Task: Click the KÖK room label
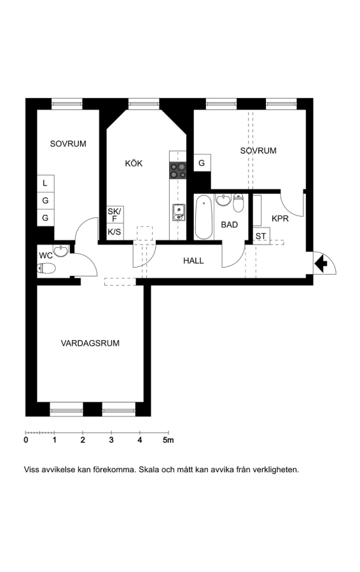coord(134,163)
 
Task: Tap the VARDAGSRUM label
coord(90,343)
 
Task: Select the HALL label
coord(193,261)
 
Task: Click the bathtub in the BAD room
coord(204,217)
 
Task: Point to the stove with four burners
coord(178,170)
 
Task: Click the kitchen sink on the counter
coord(179,212)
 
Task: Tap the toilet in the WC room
coord(46,268)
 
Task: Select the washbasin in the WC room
coord(61,250)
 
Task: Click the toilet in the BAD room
coord(239,203)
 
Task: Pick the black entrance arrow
coord(321,264)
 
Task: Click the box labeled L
coord(45,183)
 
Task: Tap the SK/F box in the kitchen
coord(114,215)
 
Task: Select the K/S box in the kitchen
coord(114,231)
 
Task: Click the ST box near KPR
coord(261,236)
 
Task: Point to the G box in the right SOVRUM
coord(202,163)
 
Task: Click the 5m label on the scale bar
coord(169,440)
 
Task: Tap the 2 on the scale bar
coord(83,440)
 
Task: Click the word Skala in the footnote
coord(149,470)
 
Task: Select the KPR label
coord(280,219)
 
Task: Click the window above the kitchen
coord(144,104)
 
